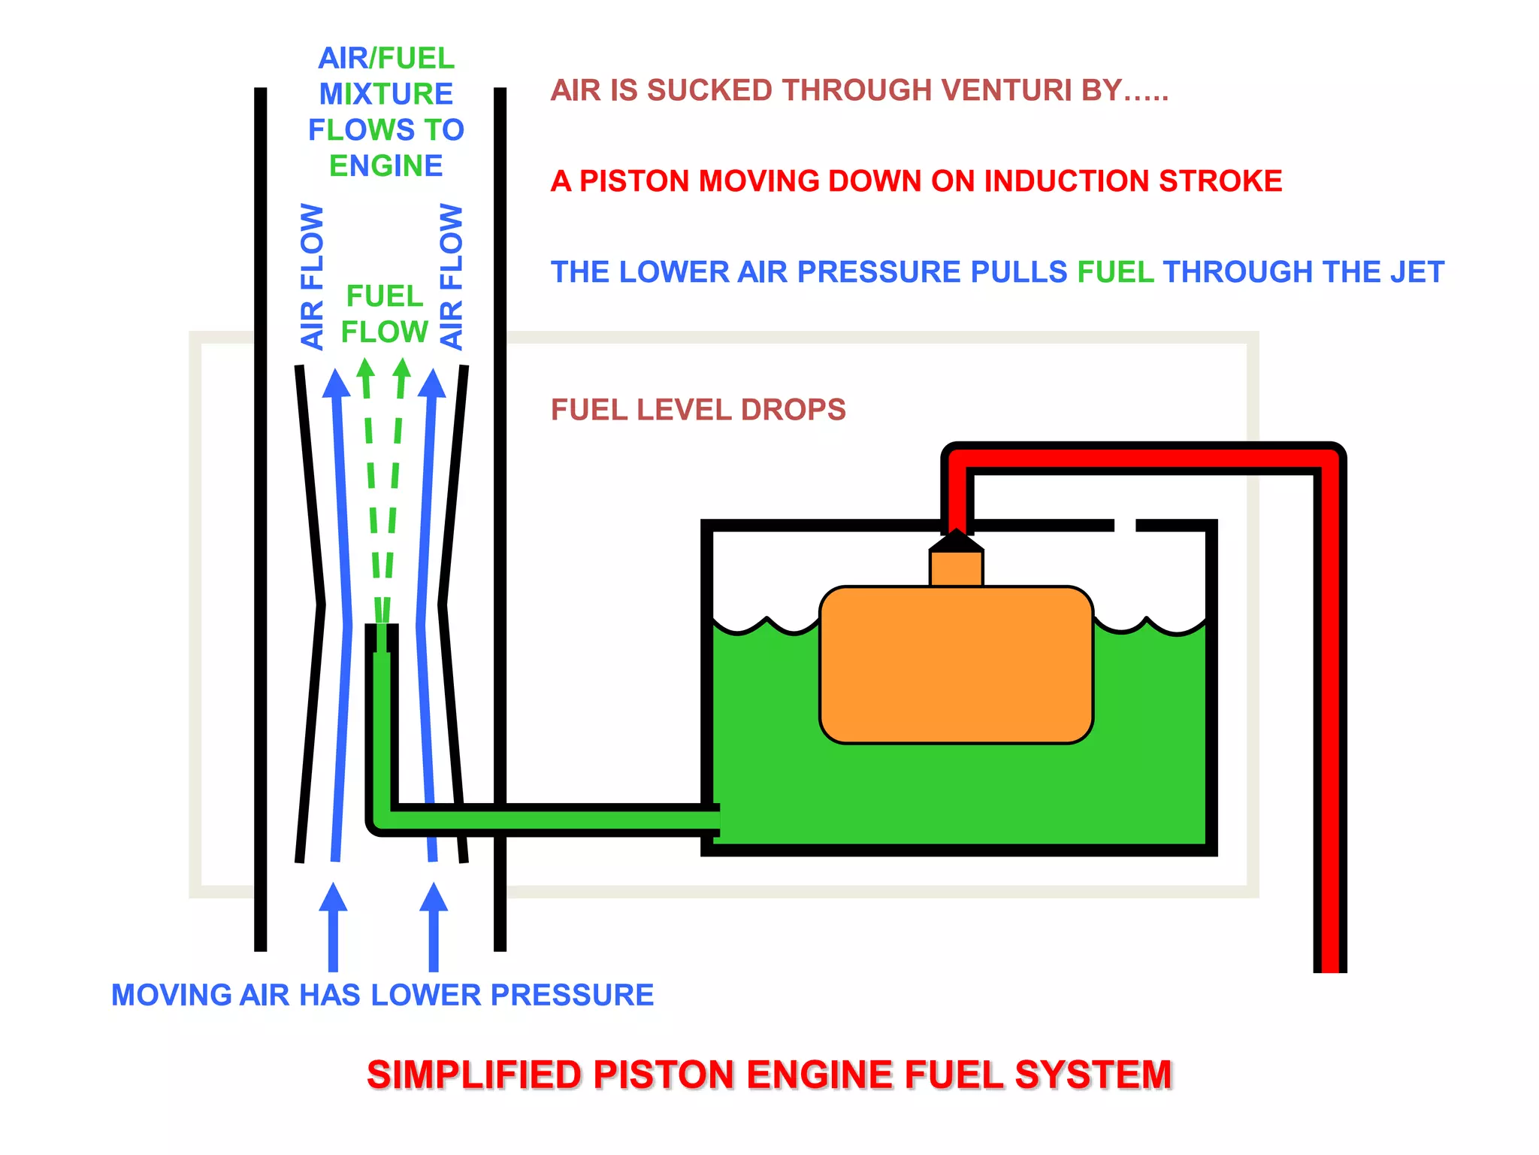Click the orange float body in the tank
point(956,665)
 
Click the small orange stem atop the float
point(956,568)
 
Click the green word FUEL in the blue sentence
point(1115,272)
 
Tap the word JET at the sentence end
point(1417,272)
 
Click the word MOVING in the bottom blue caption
point(171,995)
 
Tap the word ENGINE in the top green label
point(386,166)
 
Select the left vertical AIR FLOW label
point(312,277)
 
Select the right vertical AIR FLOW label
point(451,277)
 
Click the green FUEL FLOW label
point(385,314)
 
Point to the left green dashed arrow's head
point(365,368)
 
